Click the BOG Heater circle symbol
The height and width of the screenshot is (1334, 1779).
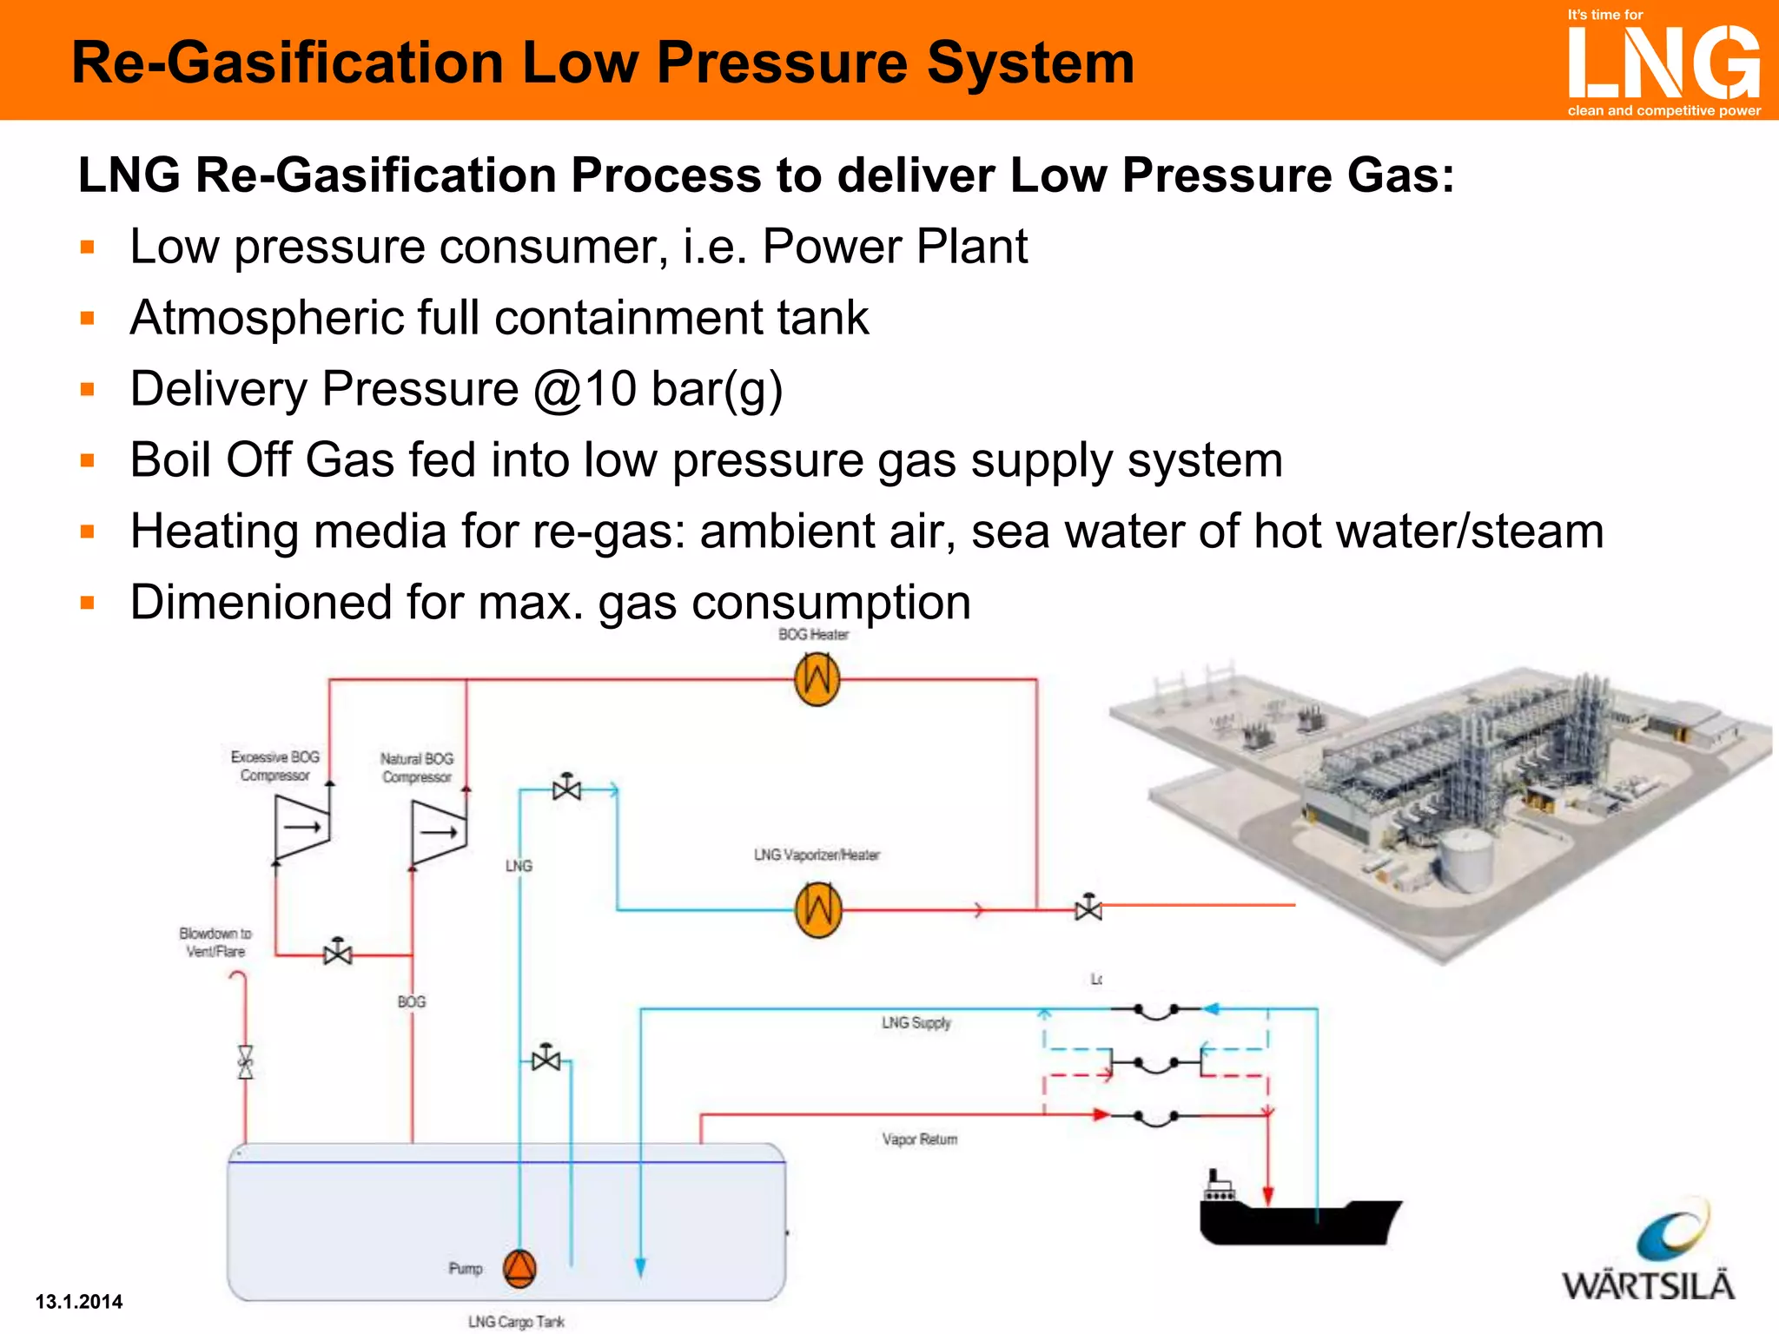tap(817, 678)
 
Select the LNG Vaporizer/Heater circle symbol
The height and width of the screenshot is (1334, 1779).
tap(818, 909)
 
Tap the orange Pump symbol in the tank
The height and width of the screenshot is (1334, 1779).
tap(519, 1268)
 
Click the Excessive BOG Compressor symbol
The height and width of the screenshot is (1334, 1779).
tap(301, 827)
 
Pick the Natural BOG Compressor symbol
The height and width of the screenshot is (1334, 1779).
tap(439, 831)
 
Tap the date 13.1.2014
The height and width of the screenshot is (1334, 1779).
tap(79, 1301)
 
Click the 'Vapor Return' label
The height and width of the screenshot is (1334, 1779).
tap(920, 1139)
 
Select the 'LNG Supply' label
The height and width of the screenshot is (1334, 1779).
tap(916, 1022)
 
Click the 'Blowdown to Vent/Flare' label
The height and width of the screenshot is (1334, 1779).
tap(215, 942)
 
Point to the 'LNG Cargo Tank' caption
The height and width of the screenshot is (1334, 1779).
tap(516, 1321)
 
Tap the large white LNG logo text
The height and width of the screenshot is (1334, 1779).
tap(1663, 63)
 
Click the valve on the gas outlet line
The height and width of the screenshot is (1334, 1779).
tap(1088, 908)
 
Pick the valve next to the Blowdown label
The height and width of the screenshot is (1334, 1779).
tap(337, 953)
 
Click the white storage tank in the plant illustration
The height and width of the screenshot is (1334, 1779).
tap(1467, 857)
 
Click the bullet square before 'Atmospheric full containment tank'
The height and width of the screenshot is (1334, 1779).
tap(87, 318)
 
